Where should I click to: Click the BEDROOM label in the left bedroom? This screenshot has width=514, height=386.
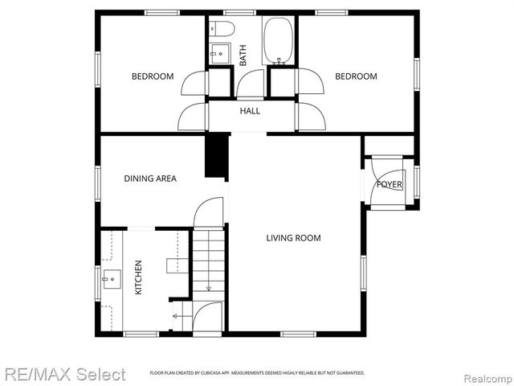pos(153,76)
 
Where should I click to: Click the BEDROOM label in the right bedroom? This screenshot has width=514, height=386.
pos(356,76)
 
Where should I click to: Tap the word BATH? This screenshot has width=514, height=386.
pos(243,54)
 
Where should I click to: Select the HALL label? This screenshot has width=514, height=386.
pos(250,111)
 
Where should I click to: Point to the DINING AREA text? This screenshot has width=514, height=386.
pos(150,179)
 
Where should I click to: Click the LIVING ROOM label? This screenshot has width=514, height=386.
pos(294,238)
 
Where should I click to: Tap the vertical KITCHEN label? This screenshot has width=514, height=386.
pos(138,277)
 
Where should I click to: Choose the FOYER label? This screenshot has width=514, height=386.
pos(390,185)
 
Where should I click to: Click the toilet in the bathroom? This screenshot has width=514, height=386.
pos(224,30)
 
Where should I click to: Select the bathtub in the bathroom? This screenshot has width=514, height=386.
pos(279,41)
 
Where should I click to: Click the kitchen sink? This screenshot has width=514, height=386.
pos(110,281)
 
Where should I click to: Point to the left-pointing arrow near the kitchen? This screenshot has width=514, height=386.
pos(177,316)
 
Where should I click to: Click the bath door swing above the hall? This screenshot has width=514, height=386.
pos(251,83)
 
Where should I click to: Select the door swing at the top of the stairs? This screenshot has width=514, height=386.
pos(207,212)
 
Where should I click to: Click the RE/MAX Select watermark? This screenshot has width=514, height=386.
pos(64,374)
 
